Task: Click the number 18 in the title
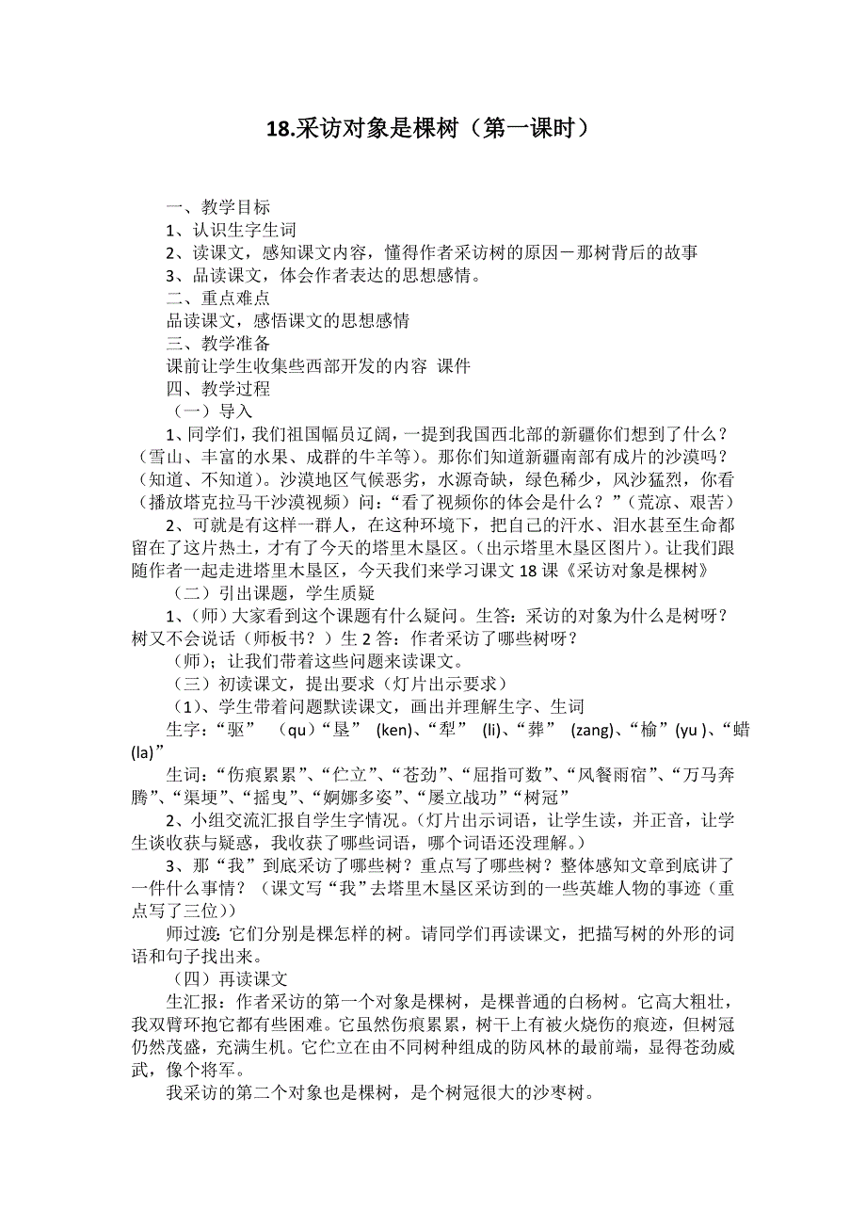click(280, 129)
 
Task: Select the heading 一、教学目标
click(217, 207)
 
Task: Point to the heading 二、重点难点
click(217, 298)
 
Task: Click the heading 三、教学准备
click(217, 343)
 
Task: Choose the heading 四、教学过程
click(217, 388)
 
